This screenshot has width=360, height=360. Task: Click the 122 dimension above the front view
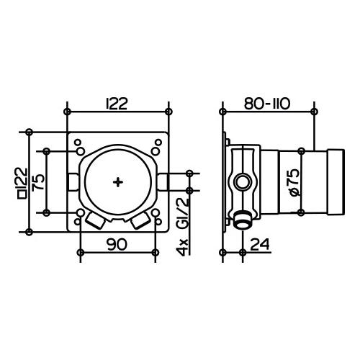point(117,104)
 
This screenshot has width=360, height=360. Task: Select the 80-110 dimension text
point(267,104)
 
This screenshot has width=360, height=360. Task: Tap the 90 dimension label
point(117,245)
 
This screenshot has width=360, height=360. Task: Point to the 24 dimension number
point(260,244)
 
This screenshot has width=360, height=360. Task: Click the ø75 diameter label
point(295,183)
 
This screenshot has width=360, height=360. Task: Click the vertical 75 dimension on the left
point(38,182)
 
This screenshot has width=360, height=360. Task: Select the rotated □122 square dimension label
point(23,183)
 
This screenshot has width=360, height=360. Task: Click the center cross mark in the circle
point(118,182)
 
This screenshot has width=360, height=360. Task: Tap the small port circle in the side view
point(243,181)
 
